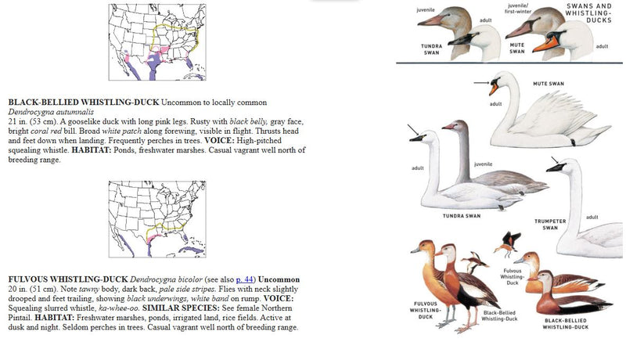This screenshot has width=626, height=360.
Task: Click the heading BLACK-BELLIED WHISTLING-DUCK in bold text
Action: coord(84,103)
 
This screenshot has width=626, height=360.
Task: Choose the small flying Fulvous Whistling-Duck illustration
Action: coord(511,242)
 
